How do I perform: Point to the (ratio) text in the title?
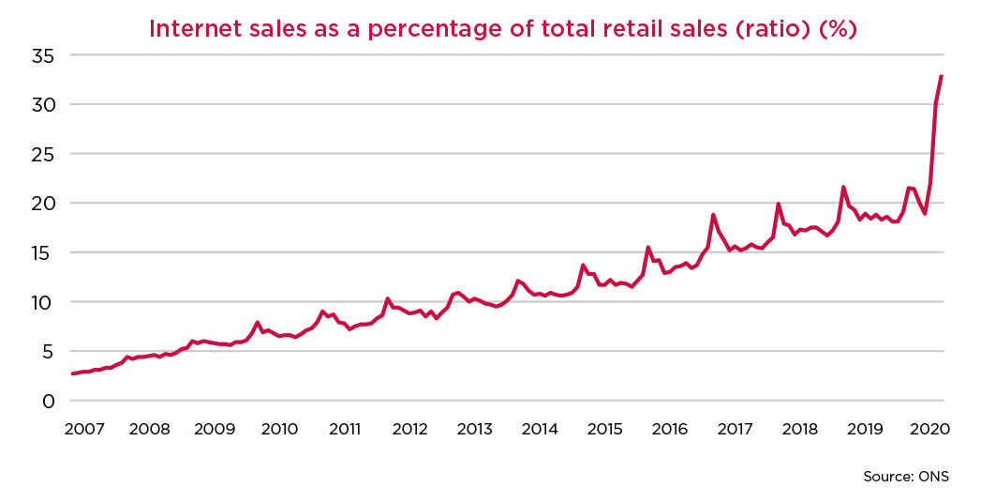[770, 29]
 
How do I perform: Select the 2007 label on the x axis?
[84, 429]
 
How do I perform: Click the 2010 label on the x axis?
[279, 429]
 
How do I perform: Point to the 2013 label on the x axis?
[475, 429]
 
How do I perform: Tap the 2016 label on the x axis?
[670, 429]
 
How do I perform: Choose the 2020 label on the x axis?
[930, 429]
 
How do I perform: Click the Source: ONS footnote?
[905, 476]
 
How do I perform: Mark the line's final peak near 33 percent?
[941, 77]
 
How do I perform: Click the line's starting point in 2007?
[72, 373]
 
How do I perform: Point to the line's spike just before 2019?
[843, 187]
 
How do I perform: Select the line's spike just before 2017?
[713, 215]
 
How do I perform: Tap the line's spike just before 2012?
[387, 298]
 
